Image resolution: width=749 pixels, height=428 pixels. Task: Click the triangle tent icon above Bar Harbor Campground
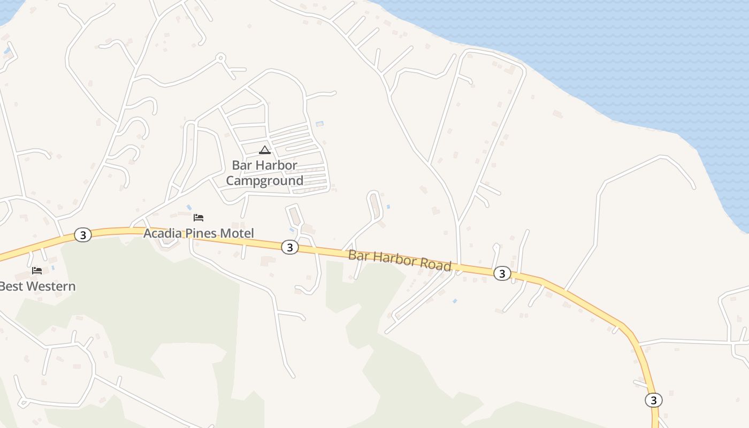click(x=264, y=150)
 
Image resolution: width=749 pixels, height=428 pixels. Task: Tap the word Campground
click(x=264, y=181)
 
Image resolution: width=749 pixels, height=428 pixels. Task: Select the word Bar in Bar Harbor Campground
click(x=241, y=165)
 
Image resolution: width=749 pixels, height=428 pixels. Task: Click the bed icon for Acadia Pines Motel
click(x=198, y=218)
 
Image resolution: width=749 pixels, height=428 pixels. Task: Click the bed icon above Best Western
click(x=37, y=271)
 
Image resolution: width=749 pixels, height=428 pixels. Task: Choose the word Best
click(x=11, y=286)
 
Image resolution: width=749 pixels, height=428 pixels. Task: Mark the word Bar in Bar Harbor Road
click(x=359, y=255)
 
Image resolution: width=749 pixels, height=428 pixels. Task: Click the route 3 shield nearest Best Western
click(x=82, y=235)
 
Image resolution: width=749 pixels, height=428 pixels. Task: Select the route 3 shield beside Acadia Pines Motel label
click(x=289, y=247)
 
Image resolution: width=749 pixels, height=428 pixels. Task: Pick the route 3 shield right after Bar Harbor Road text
click(x=501, y=273)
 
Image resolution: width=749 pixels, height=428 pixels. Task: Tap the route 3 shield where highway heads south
click(x=653, y=400)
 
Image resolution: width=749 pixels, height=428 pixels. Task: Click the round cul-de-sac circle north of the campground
click(x=220, y=57)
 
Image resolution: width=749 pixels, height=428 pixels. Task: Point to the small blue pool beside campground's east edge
click(x=320, y=124)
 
